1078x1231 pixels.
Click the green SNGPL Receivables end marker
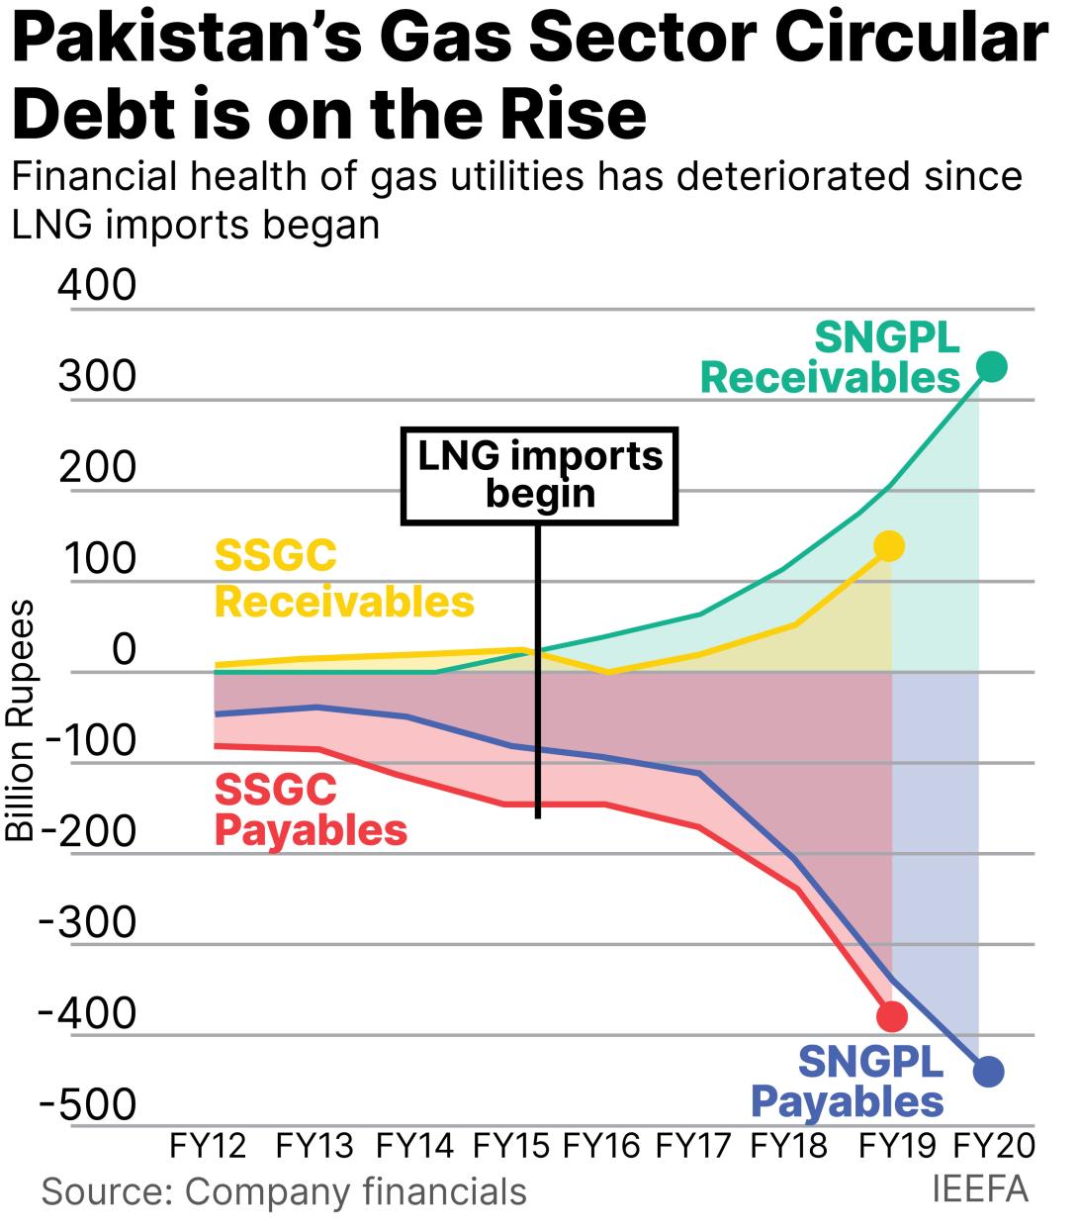pos(991,367)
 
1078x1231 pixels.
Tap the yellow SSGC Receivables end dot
pos(890,546)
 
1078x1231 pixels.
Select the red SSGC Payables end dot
pos(892,1015)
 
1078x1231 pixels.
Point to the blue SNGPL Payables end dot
pos(989,1071)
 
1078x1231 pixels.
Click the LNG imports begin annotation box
pos(540,475)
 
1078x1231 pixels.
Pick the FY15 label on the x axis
pos(510,1146)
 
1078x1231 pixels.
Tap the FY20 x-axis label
pos(993,1146)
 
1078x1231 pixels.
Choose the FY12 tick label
pos(208,1146)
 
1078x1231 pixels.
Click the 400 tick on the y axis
pos(97,285)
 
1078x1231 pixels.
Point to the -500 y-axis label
pos(87,1104)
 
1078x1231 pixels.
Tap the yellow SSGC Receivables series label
pos(344,579)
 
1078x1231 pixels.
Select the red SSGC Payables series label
pos(311,809)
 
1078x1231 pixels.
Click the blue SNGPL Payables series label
pos(849,1082)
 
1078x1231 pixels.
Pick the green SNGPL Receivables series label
pos(831,358)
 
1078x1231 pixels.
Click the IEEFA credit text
pos(980,1189)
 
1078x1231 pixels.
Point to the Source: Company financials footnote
pos(284,1191)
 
